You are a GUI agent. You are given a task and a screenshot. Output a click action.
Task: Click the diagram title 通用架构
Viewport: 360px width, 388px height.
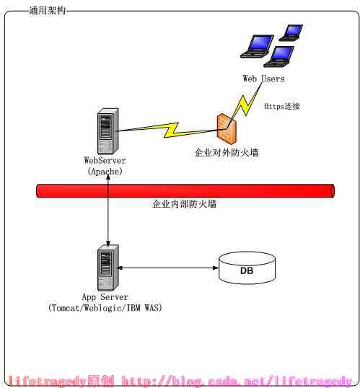[x=48, y=10]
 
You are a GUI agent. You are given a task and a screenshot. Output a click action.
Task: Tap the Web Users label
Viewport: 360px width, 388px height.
[x=263, y=79]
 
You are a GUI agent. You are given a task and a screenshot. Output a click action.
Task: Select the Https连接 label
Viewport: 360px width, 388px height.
[x=282, y=106]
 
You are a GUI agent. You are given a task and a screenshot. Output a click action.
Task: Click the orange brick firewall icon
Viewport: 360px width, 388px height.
[x=227, y=129]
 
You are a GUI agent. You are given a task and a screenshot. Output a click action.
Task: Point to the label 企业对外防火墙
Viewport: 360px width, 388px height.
[x=227, y=152]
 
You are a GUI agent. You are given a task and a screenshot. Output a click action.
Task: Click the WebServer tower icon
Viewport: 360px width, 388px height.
[x=107, y=131]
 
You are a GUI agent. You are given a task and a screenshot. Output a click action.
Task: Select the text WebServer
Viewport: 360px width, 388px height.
[x=105, y=160]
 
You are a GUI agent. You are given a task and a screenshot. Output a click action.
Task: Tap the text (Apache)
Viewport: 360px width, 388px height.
[x=105, y=171]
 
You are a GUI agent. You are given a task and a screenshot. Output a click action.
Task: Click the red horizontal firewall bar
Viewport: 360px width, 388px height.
[x=185, y=191]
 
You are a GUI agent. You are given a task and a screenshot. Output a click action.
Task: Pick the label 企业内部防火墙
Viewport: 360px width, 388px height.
[x=184, y=204]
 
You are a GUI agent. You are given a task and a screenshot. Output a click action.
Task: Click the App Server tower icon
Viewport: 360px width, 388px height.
[x=108, y=268]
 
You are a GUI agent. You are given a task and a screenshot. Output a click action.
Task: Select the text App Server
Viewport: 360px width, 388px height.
[x=105, y=296]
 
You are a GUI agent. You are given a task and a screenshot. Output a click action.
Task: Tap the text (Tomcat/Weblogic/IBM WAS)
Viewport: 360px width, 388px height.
[x=105, y=308]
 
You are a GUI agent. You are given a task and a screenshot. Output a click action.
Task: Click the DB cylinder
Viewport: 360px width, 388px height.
[x=247, y=268]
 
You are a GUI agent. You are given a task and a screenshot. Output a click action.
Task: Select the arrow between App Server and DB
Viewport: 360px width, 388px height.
[x=168, y=268]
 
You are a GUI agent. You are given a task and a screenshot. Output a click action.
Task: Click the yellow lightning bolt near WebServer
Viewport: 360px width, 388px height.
[x=171, y=130]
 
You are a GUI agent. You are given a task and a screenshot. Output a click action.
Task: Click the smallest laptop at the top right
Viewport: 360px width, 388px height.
[x=291, y=32]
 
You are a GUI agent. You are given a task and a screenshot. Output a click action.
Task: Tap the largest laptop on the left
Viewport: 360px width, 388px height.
[x=258, y=46]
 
